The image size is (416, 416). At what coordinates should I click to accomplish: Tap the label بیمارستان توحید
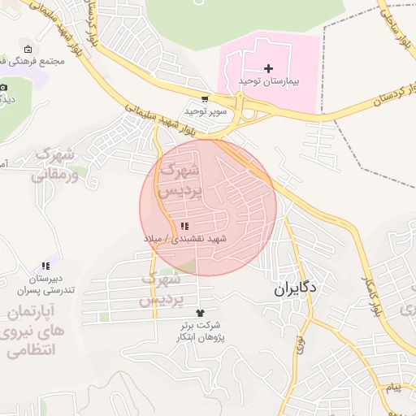(x=269, y=82)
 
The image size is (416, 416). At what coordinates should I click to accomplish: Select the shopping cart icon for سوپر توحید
(x=204, y=98)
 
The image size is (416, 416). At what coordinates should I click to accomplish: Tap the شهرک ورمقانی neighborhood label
(x=55, y=164)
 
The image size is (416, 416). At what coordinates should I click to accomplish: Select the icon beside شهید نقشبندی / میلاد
(x=184, y=226)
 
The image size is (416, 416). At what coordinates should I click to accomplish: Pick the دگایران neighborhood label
(x=295, y=288)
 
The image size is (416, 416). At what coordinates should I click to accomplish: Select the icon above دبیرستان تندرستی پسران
(x=45, y=266)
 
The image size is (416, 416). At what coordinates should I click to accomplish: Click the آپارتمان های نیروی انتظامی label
(x=34, y=331)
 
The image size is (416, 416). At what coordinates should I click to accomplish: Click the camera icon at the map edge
(x=4, y=87)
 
